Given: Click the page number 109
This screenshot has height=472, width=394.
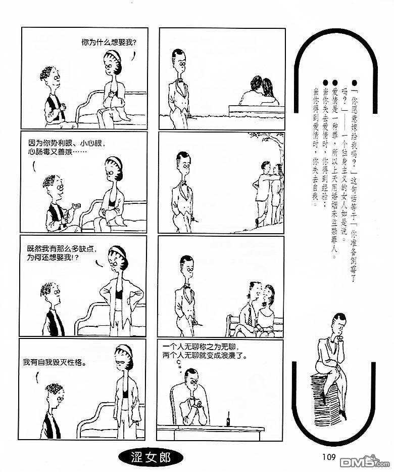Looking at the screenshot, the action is point(329,457).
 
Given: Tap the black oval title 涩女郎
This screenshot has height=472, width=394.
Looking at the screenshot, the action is point(151,458).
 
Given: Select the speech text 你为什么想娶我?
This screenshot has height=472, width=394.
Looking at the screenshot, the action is point(109,42).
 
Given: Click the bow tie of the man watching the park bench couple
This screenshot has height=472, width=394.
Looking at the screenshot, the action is point(180,80).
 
